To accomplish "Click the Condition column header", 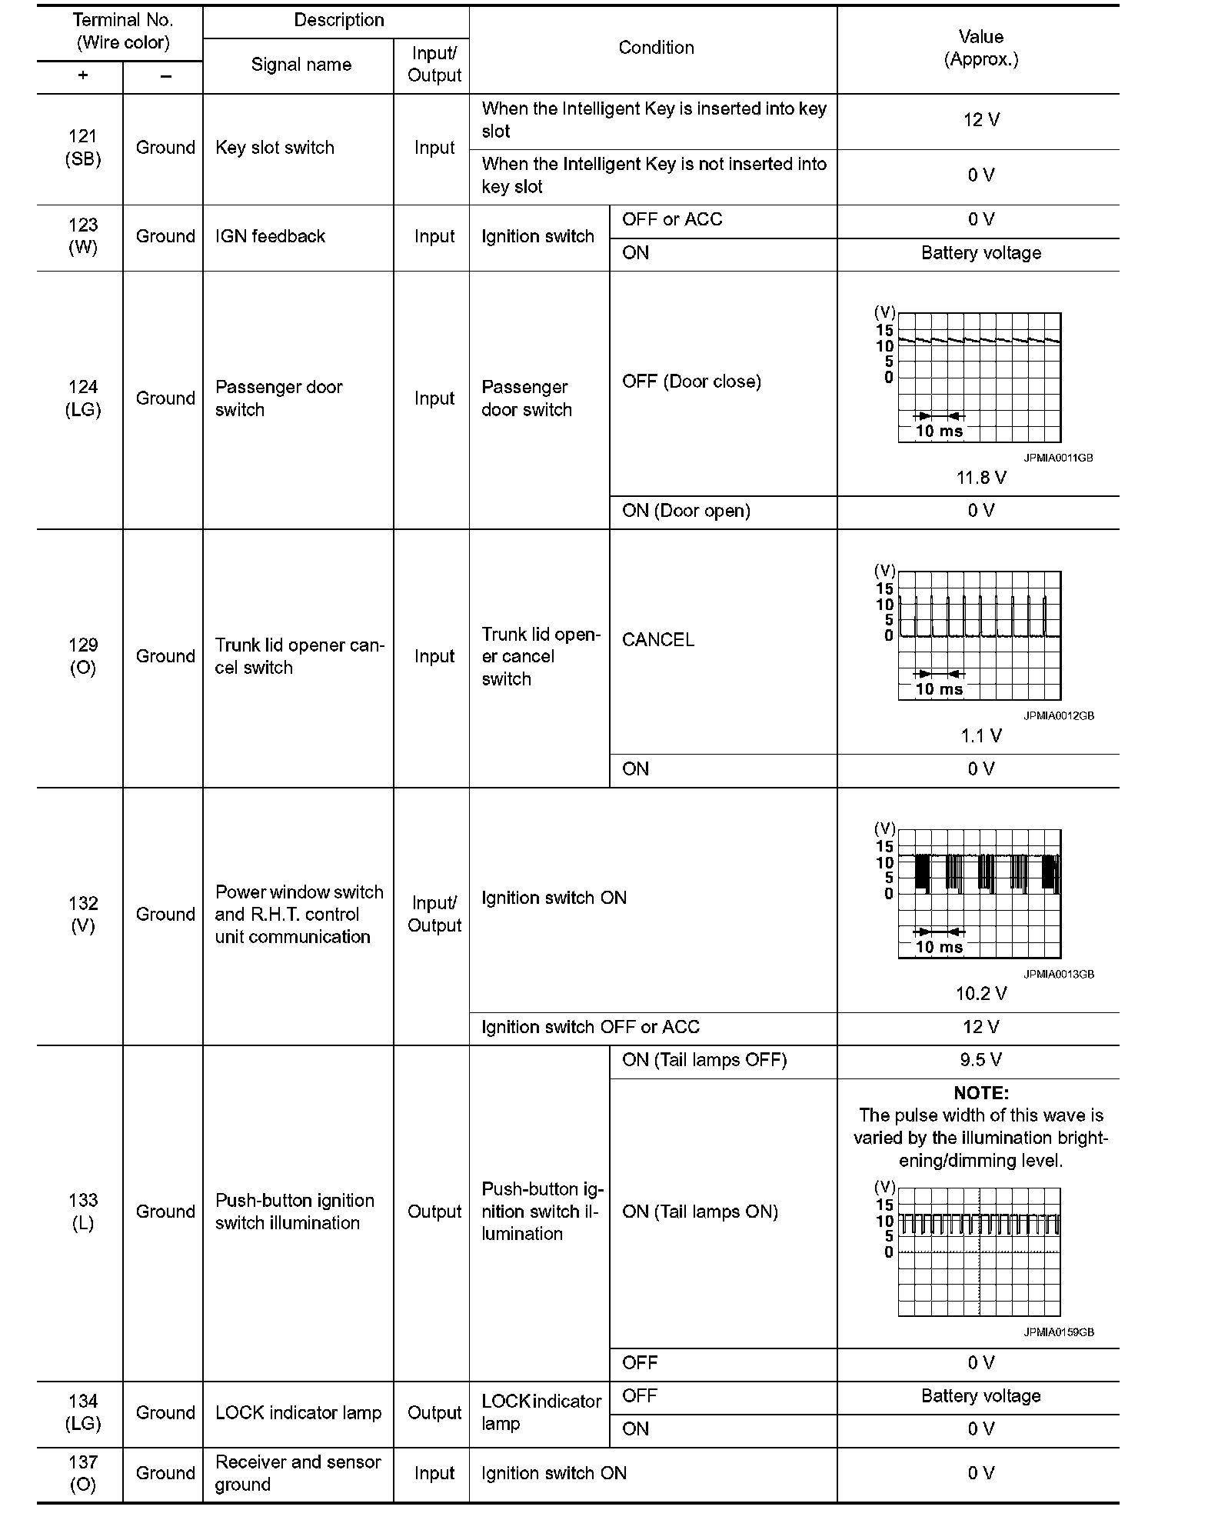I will pos(656,48).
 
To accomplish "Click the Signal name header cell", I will pos(301,65).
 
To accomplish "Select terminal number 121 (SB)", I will pos(83,148).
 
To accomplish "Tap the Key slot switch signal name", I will pos(275,148).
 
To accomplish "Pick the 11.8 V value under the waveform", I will pos(980,478).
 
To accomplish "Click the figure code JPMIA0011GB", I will pos(1057,458).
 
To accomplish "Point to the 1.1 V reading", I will pos(980,736).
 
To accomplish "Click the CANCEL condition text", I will pos(657,640).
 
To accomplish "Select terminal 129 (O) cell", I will pos(83,656).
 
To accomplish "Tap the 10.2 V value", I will pos(980,994).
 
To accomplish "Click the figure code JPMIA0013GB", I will pos(1058,974).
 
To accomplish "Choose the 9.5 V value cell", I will pos(980,1060).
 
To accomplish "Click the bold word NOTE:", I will pos(980,1093).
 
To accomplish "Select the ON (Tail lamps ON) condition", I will pos(700,1212).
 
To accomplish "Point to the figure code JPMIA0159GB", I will pos(1058,1332).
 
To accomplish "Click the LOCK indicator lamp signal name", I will pos(298,1413).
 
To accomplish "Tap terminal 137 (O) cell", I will pos(83,1473).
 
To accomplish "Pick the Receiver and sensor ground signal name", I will pos(298,1473).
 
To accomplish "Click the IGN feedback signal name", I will pos(270,236).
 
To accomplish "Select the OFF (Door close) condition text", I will pos(691,382).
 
